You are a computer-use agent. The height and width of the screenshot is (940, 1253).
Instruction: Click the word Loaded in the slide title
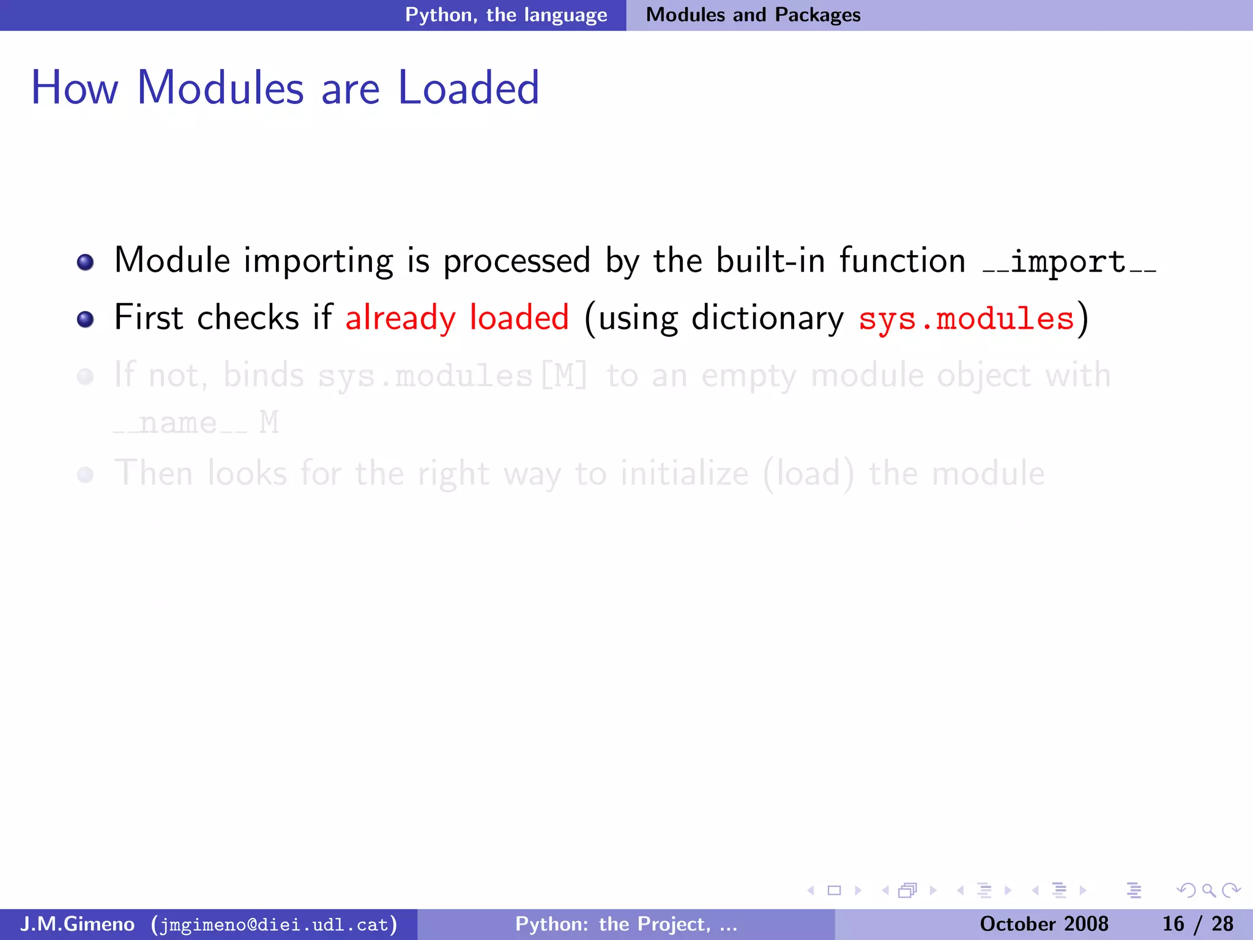[468, 88]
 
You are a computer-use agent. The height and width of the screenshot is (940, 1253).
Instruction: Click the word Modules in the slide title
[220, 88]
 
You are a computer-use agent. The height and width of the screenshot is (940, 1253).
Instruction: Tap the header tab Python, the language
[506, 15]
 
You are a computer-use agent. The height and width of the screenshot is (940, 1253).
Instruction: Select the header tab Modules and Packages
[753, 15]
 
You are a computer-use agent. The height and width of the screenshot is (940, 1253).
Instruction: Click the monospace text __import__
[1068, 263]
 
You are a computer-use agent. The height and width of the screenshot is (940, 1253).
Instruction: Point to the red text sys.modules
[966, 319]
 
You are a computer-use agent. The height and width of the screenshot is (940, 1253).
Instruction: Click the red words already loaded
[457, 318]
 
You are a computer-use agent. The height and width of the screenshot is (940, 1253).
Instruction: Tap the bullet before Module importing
[85, 263]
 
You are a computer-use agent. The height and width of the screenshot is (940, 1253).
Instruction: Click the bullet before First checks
[85, 319]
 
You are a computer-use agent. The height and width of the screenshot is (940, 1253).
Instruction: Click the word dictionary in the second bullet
[767, 318]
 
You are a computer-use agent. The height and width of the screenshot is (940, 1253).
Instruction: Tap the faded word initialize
[684, 474]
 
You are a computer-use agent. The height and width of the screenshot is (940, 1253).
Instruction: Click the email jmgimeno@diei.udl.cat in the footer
[274, 925]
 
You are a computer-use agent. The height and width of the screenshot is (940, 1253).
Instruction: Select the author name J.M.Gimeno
[77, 924]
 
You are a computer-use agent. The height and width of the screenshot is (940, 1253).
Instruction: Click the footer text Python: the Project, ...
[613, 924]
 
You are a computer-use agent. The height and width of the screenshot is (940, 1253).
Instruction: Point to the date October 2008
[1044, 924]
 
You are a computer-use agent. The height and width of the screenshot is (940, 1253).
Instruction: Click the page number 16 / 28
[1197, 924]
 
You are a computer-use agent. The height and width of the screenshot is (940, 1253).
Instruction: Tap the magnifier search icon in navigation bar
[1208, 890]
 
